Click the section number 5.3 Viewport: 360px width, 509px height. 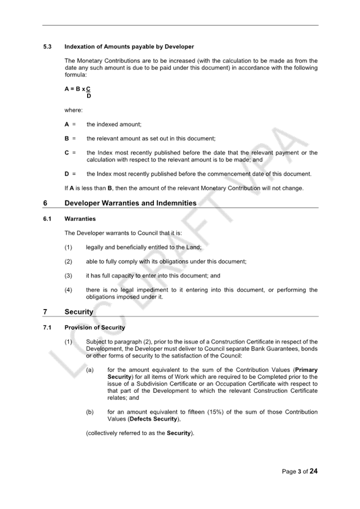coord(47,47)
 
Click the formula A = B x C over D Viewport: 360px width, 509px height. coord(78,92)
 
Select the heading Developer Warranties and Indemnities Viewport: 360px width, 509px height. coord(130,203)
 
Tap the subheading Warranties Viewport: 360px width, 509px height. coord(80,219)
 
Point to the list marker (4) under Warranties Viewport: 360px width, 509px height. coord(68,290)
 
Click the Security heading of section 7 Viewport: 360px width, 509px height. coord(79,312)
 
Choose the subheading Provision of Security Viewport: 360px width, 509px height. coord(95,328)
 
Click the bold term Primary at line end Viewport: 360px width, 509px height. coord(306,370)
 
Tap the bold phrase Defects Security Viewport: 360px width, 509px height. coord(153,419)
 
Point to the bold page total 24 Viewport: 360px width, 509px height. coord(314,471)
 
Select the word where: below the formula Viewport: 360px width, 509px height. coord(73,110)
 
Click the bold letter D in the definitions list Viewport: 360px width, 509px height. coord(67,174)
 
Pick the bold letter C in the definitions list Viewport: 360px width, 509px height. coord(67,153)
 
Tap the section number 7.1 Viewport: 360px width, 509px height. coord(47,328)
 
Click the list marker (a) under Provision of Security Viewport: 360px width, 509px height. coord(90,370)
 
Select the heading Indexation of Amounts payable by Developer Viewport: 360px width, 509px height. coord(129,47)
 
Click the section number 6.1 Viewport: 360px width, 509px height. coord(47,219)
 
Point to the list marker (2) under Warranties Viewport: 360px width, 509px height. coord(68,262)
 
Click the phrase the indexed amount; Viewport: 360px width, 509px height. coord(114,124)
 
